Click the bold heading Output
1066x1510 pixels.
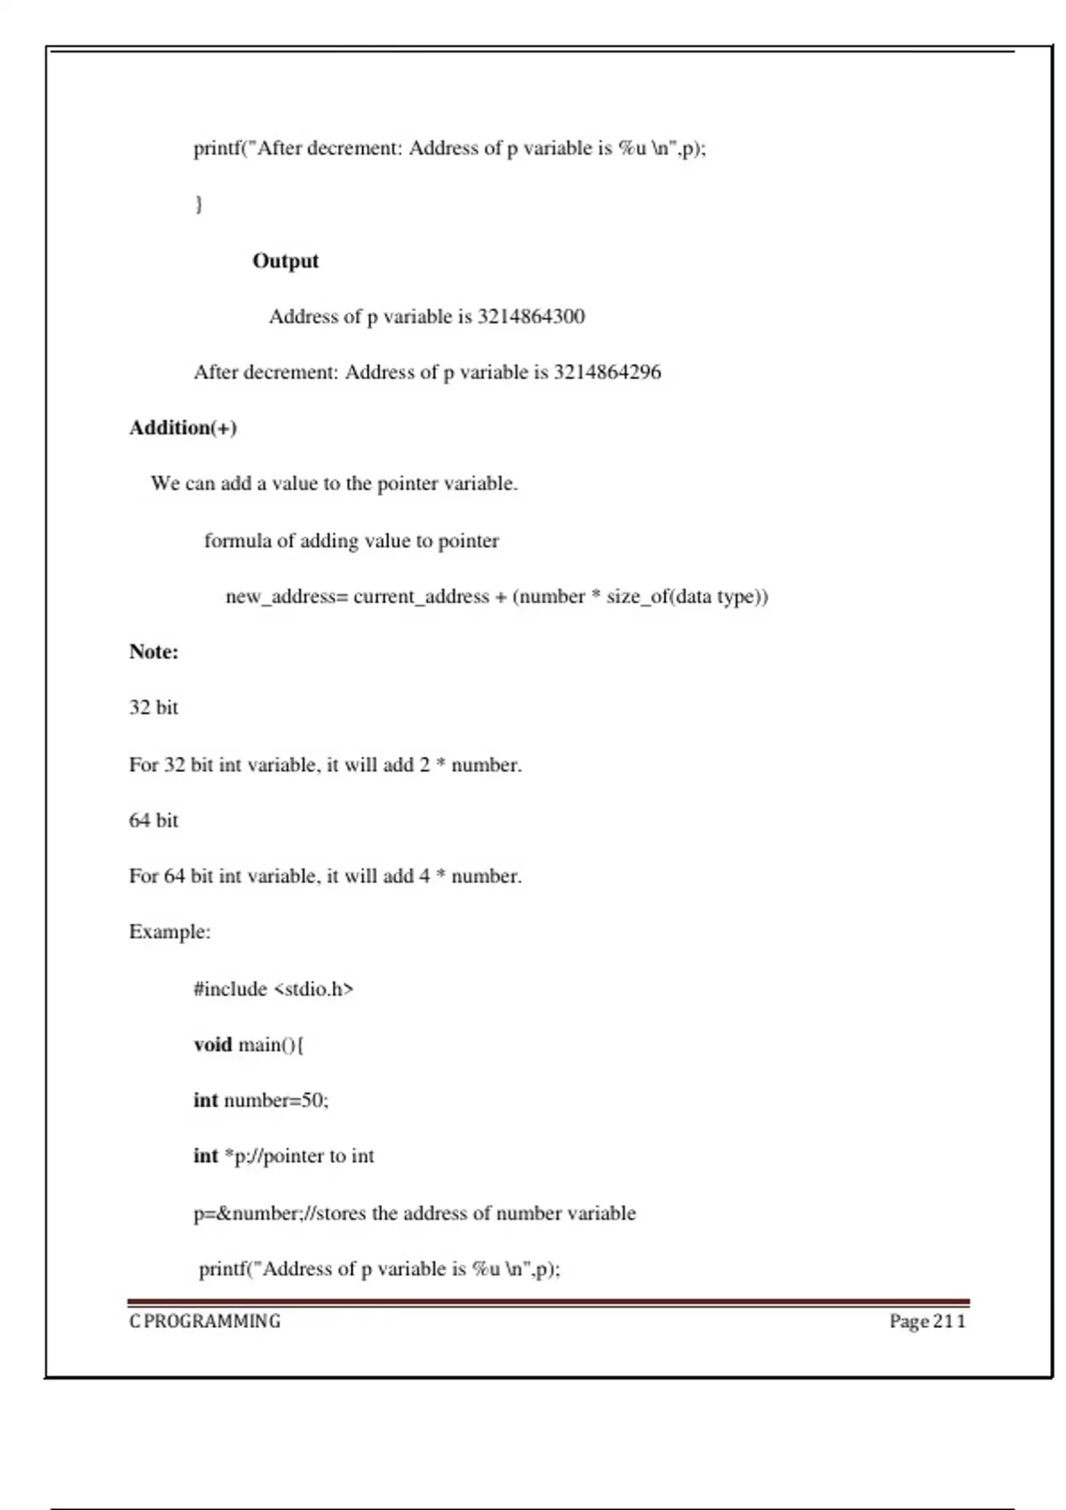click(285, 261)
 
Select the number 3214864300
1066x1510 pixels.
click(531, 317)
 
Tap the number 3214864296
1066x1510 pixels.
click(608, 372)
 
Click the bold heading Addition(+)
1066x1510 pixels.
click(183, 428)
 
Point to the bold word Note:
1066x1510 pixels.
click(154, 652)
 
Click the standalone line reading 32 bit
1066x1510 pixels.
click(154, 708)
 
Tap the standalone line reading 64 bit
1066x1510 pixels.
click(154, 821)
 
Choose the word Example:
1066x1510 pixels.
click(170, 933)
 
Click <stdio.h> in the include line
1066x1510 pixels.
click(314, 989)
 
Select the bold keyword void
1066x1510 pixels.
click(212, 1045)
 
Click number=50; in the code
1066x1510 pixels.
click(276, 1101)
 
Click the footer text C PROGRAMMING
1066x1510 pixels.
click(205, 1322)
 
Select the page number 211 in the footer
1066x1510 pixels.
click(949, 1322)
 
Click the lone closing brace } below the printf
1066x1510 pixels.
click(199, 204)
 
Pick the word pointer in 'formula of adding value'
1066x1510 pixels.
click(468, 541)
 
